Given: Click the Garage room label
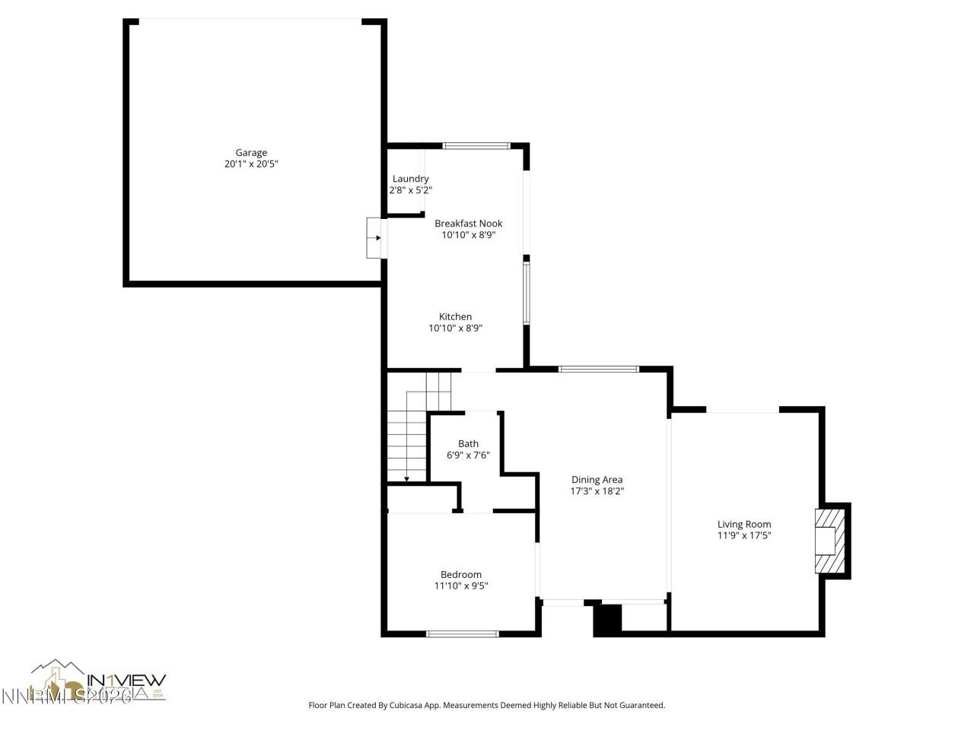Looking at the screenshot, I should [251, 153].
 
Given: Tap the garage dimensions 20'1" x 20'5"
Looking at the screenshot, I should [251, 164].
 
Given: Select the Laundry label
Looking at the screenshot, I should [410, 179].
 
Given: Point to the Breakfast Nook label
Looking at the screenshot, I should [468, 224].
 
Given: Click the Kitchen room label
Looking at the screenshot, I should [455, 317].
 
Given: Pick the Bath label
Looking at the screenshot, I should [468, 444].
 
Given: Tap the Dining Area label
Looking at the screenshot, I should [597, 480].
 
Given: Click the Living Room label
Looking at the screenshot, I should [743, 524].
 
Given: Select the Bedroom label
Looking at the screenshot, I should [460, 575].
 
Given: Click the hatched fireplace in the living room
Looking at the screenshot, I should [829, 541].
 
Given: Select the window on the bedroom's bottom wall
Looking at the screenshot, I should [462, 633].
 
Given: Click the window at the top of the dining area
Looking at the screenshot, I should [599, 370].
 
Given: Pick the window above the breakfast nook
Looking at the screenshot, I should [477, 145].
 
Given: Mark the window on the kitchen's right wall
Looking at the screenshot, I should [525, 293].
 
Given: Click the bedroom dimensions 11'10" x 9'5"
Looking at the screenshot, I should [460, 586].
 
